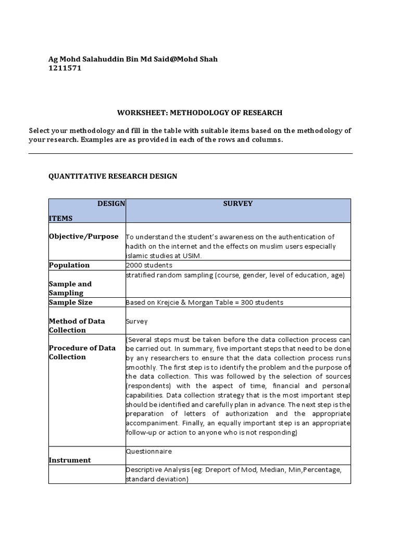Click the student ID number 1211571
coord(65,68)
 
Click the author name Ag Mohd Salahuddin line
coord(133,59)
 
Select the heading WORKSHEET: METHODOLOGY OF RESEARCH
coord(199,113)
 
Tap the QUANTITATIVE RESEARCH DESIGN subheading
coord(113,176)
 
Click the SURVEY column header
coord(238,204)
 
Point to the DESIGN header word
coord(111,204)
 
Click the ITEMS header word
coord(60,219)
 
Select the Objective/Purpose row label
coord(83,236)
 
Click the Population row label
coord(69,265)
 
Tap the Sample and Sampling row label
coord(70,288)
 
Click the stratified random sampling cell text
coord(235,275)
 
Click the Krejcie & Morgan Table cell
coord(204,302)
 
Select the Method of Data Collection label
coord(77,325)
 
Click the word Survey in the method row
coord(137,321)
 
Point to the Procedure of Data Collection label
coord(82,353)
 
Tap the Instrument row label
coord(70,460)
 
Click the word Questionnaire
coord(149,451)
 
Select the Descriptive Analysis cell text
coord(233,474)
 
